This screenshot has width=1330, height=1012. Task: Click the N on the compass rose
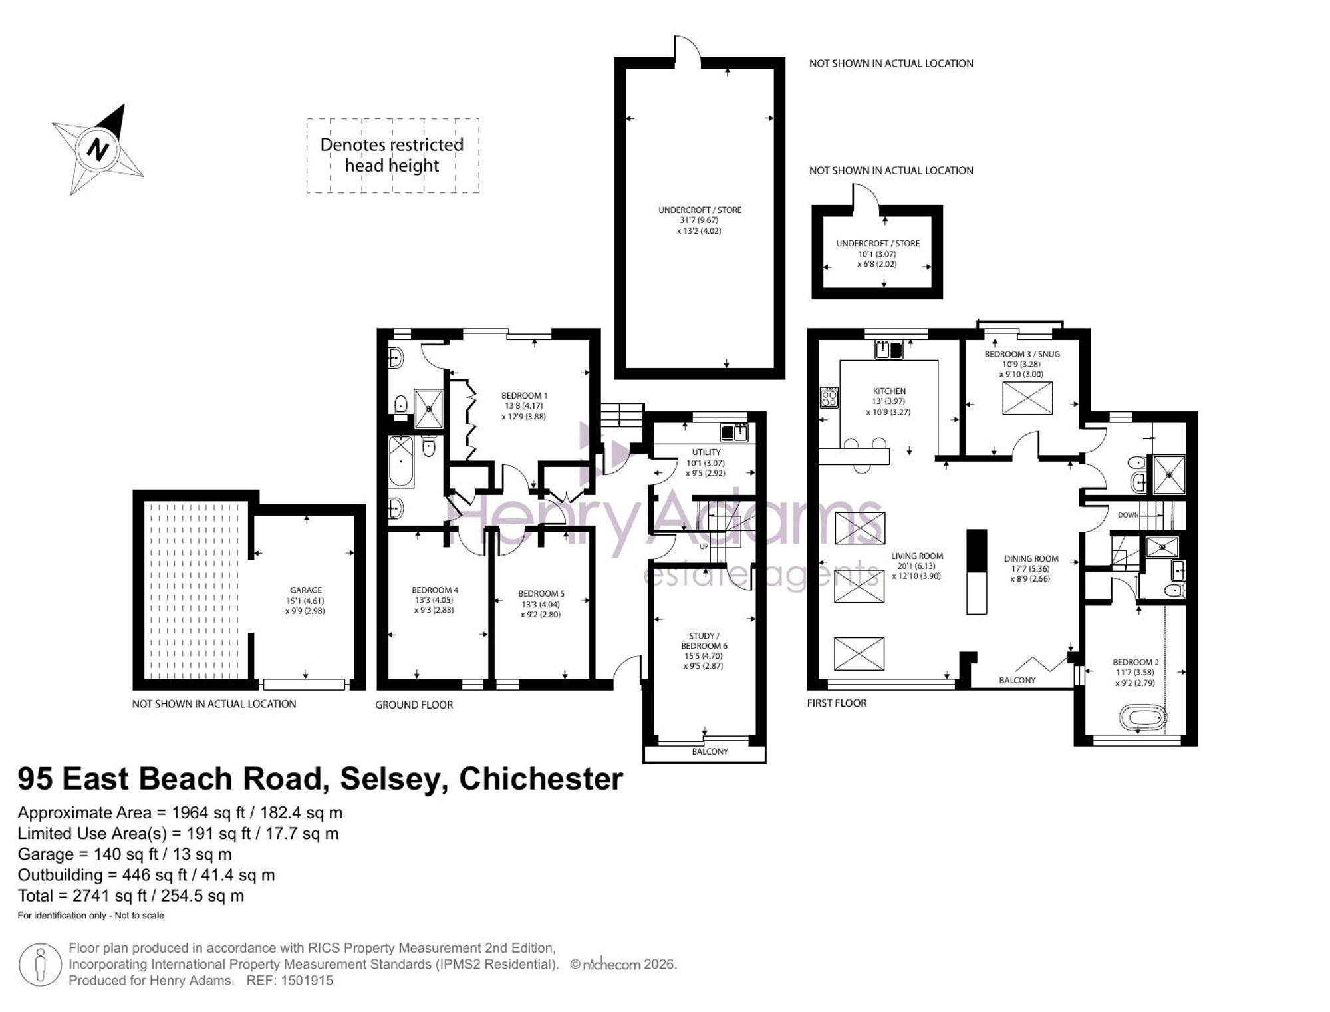point(98,148)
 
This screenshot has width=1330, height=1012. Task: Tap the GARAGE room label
point(306,590)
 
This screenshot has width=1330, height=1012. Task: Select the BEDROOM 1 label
point(524,396)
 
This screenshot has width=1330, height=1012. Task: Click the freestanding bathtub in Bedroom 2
point(1143,717)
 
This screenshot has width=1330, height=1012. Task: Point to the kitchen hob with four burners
point(829,397)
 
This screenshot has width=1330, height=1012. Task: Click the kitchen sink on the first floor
point(889,349)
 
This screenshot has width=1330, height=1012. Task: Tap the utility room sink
point(733,433)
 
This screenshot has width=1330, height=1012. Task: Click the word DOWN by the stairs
point(1128,515)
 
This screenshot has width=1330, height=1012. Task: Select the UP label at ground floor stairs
point(704,547)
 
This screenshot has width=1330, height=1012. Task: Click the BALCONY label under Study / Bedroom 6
point(710,751)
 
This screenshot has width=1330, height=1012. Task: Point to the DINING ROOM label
point(1031,559)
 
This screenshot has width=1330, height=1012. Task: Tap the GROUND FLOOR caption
point(414,705)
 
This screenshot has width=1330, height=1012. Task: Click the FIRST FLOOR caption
point(837,703)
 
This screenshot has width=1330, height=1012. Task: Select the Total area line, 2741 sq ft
point(131,896)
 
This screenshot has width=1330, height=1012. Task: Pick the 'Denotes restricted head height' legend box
point(392,156)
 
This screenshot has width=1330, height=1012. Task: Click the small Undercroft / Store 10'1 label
point(877,253)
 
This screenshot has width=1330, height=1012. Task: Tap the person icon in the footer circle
point(40,964)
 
